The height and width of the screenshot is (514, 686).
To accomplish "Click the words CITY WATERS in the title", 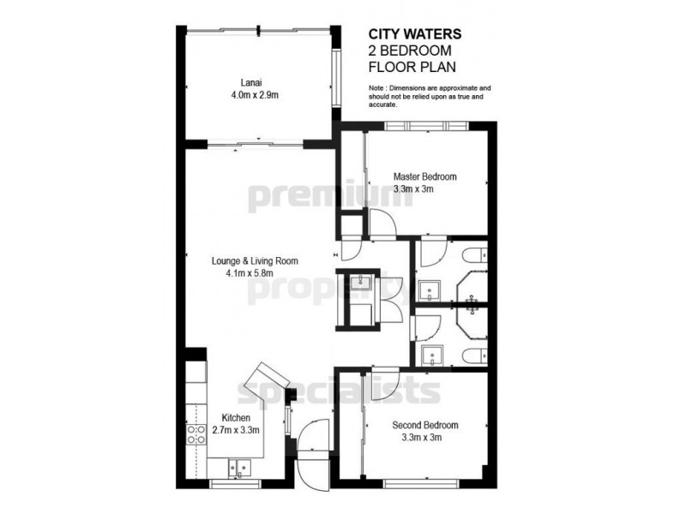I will (x=415, y=34).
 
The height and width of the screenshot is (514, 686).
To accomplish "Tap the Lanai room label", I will (x=253, y=83).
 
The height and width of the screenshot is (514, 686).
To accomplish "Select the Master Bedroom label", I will (x=419, y=177).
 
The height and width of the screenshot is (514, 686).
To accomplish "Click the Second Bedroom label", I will (x=425, y=426).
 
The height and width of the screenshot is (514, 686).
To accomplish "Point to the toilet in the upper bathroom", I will (x=475, y=255).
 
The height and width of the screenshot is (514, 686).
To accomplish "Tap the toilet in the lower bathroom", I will (x=475, y=356).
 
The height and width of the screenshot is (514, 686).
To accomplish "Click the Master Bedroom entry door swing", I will (x=379, y=224).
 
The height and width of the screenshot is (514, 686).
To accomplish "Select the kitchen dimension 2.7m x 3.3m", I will (x=235, y=431).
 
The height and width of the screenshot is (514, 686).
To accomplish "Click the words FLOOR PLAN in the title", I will (x=411, y=66).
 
